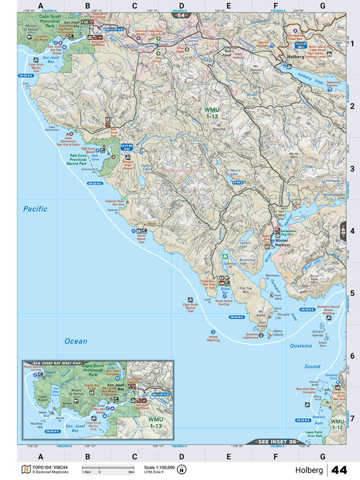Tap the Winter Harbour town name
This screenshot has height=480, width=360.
(285, 241)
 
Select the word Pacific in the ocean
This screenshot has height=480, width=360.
(35, 209)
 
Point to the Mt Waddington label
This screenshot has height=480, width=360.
(181, 170)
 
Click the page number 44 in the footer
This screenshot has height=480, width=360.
(339, 470)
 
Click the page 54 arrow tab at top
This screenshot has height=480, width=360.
(181, 15)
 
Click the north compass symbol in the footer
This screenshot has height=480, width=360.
(182, 469)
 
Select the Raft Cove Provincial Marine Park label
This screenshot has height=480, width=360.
(85, 158)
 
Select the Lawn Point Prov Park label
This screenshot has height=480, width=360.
(314, 434)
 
